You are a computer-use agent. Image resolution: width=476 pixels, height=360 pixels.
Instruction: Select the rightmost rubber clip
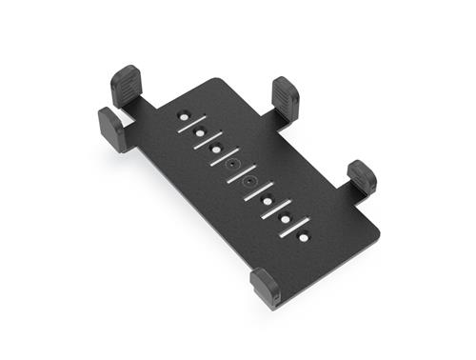(x=362, y=176)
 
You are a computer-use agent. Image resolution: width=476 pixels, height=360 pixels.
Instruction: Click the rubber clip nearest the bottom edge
(x=266, y=286)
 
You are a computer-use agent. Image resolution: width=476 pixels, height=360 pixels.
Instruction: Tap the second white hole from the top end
(x=200, y=132)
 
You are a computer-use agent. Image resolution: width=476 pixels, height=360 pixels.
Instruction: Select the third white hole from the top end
(x=217, y=149)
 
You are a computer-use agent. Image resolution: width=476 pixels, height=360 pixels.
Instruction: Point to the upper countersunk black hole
(x=233, y=165)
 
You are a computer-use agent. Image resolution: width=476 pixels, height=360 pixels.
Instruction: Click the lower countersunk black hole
(x=250, y=181)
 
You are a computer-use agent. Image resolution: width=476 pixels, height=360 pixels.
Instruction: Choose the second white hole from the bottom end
(x=285, y=216)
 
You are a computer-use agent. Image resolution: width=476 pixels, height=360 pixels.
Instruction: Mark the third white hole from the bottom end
(x=268, y=199)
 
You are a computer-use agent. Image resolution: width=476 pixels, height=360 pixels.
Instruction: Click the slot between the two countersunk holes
(x=242, y=172)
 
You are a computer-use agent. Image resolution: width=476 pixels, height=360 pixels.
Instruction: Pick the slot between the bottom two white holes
(x=294, y=226)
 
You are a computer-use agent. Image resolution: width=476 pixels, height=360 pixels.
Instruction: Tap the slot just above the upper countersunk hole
(x=225, y=156)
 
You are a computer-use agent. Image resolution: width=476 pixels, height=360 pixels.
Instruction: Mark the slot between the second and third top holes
(x=208, y=140)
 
